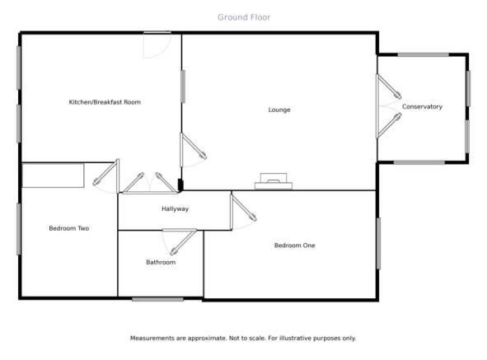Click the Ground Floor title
[244, 17]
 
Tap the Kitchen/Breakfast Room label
[105, 102]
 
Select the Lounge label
[279, 110]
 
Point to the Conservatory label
[422, 106]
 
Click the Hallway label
[175, 209]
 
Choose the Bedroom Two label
[69, 228]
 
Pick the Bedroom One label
[295, 245]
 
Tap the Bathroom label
[161, 262]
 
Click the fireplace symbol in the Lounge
[274, 181]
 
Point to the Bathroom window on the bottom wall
[157, 299]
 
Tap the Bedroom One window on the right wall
[378, 244]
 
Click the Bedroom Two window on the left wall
[19, 229]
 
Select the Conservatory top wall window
[424, 54]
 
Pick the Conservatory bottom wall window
[419, 162]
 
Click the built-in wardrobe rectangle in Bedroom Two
[53, 175]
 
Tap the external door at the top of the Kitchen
[157, 45]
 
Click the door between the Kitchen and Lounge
[193, 150]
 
